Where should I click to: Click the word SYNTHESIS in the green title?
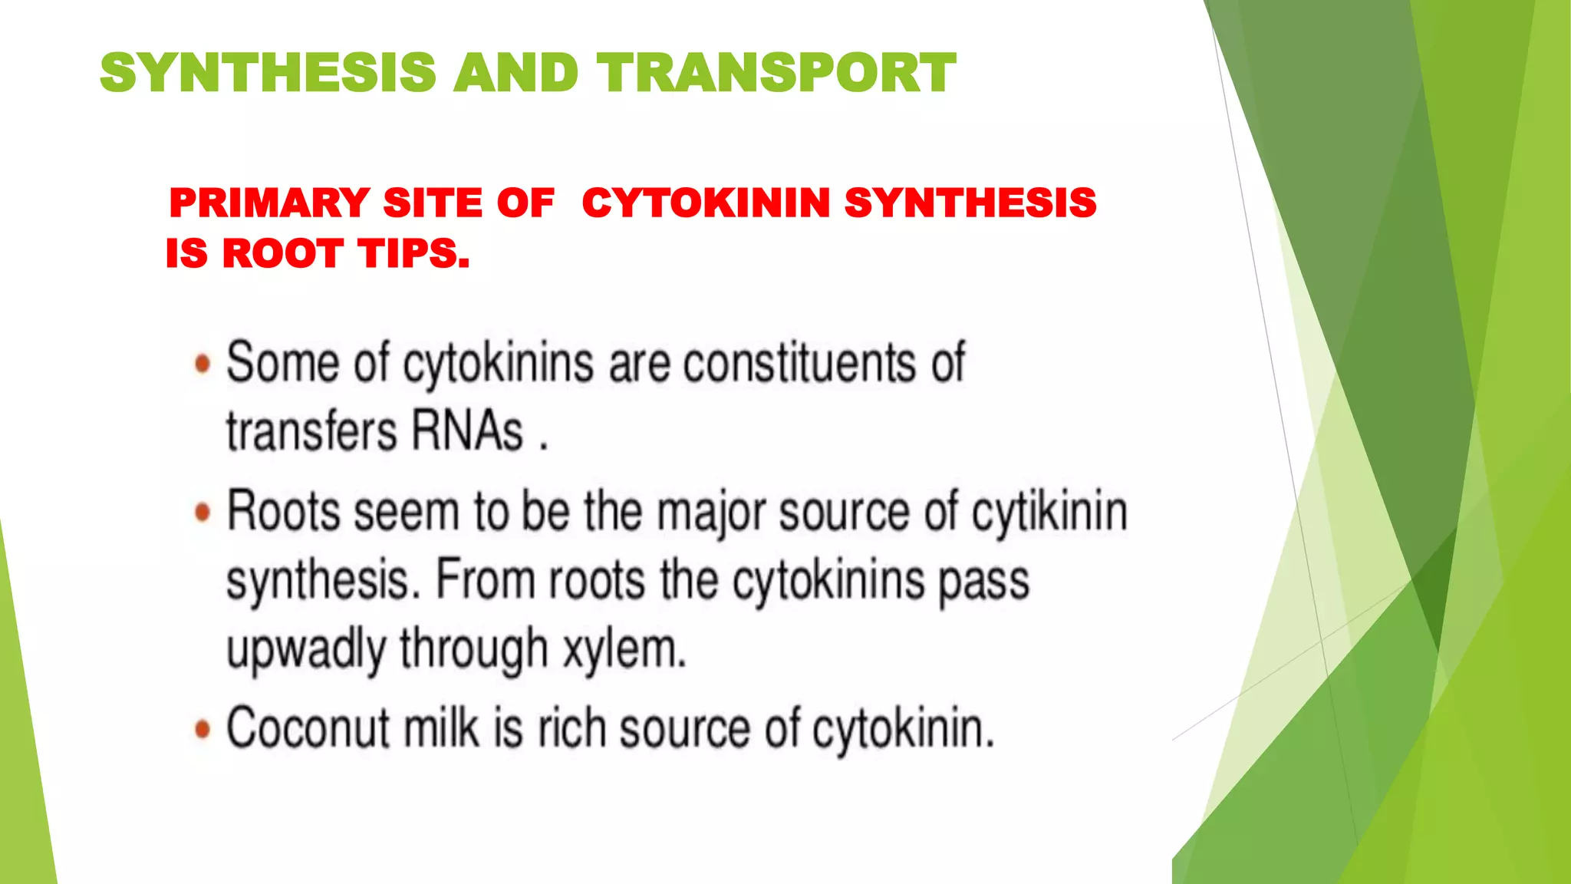pos(268,73)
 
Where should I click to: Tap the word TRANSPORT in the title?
pos(776,73)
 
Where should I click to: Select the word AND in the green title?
pos(515,73)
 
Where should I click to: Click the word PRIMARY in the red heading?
pos(269,203)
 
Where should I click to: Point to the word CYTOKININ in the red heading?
pos(706,203)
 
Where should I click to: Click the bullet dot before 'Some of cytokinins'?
pos(203,364)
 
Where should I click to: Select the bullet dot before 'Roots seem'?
pos(203,513)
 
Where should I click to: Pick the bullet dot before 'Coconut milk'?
pos(203,729)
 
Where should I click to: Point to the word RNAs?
pos(467,430)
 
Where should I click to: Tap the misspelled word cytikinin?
pos(1050,513)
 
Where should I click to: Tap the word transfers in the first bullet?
pos(311,430)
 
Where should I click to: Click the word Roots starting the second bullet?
pos(283,511)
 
